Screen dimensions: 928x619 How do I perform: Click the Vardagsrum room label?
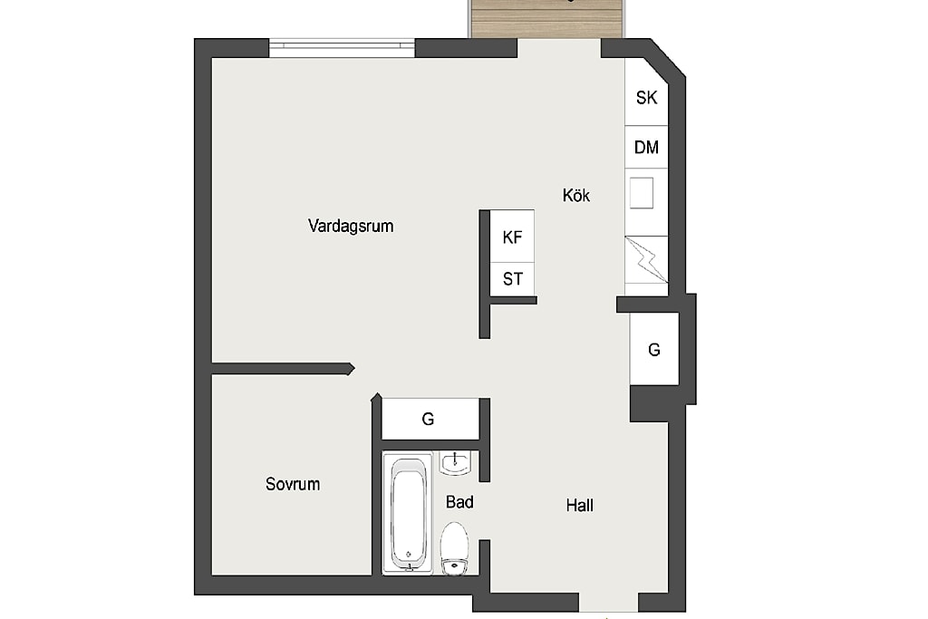pyautogui.click(x=351, y=226)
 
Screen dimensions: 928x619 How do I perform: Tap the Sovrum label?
pyautogui.click(x=293, y=484)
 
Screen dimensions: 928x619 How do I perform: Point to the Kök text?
pyautogui.click(x=575, y=195)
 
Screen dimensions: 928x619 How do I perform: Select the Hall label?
pyautogui.click(x=579, y=506)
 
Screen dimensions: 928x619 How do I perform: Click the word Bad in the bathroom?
pyautogui.click(x=459, y=502)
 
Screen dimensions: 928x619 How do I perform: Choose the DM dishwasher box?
pyautogui.click(x=646, y=147)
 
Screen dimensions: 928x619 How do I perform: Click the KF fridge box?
pyautogui.click(x=512, y=237)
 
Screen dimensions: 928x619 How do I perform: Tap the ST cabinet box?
pyautogui.click(x=512, y=279)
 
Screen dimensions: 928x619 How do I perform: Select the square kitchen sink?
pyautogui.click(x=641, y=193)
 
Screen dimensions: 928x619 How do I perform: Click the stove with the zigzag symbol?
pyautogui.click(x=646, y=260)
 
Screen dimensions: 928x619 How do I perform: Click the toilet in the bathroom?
pyautogui.click(x=455, y=548)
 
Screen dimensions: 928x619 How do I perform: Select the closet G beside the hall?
pyautogui.click(x=654, y=349)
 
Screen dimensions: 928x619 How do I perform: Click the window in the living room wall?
pyautogui.click(x=342, y=48)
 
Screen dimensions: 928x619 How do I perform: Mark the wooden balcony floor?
pyautogui.click(x=546, y=19)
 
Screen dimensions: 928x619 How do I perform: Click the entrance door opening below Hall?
pyautogui.click(x=608, y=603)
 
